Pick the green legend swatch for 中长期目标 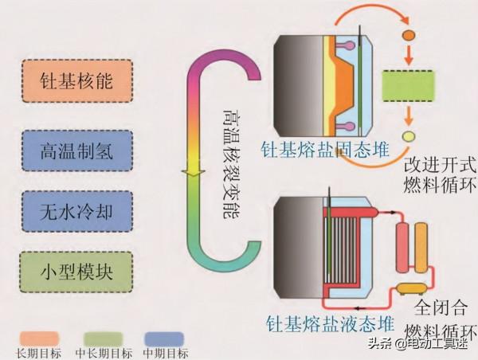(x=100, y=338)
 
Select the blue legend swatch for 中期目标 (x=164, y=338)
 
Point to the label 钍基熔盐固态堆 (x=316, y=147)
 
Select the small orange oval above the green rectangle (x=409, y=36)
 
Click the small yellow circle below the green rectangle (x=408, y=136)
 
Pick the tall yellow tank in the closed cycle (x=424, y=242)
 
